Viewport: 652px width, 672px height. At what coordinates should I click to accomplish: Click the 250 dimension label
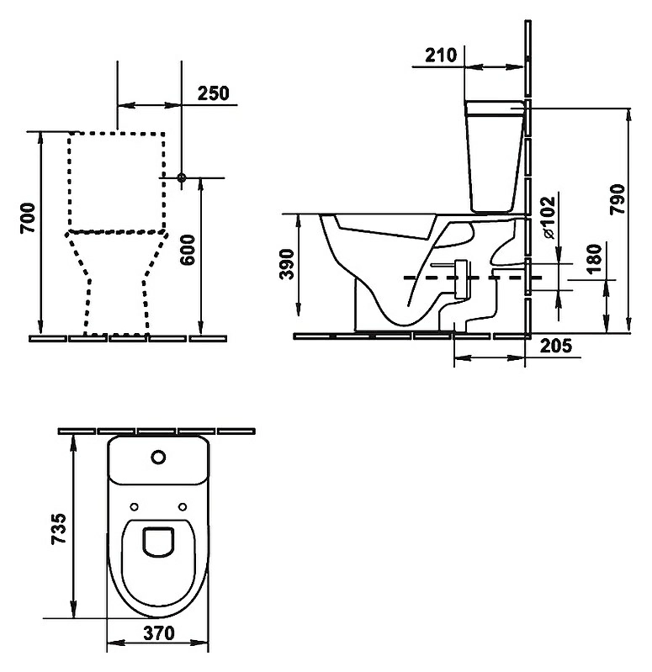(213, 93)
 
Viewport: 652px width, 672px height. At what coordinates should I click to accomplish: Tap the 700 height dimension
(29, 218)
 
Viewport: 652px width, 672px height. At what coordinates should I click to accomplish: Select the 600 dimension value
(188, 250)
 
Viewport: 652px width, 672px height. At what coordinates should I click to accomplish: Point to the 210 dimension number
(441, 55)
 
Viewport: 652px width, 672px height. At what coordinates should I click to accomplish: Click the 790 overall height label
(618, 199)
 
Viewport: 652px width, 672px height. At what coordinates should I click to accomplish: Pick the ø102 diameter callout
(548, 217)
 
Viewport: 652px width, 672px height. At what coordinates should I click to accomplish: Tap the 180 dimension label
(594, 259)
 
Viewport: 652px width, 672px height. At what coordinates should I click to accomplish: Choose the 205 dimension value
(555, 346)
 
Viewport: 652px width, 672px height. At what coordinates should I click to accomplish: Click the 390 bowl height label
(287, 264)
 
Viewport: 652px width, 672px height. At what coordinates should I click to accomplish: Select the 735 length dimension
(59, 528)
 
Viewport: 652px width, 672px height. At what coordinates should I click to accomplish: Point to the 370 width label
(159, 632)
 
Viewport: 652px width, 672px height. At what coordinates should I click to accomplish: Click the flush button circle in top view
(158, 458)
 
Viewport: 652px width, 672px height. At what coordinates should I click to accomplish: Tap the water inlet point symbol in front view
(182, 177)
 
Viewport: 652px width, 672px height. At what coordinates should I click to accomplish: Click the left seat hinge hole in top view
(134, 507)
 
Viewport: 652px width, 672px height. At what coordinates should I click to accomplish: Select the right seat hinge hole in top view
(183, 507)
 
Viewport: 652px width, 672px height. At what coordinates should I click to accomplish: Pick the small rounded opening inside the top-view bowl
(158, 542)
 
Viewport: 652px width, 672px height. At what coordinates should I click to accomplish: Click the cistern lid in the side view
(496, 108)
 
